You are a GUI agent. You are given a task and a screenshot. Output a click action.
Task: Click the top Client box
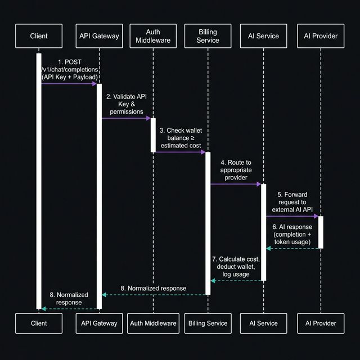38,36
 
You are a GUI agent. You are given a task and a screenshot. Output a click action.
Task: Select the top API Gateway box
99,36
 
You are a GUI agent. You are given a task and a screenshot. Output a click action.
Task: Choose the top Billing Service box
209,36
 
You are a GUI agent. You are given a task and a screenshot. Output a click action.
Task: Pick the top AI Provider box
321,36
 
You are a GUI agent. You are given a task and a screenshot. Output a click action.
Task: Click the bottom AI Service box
263,323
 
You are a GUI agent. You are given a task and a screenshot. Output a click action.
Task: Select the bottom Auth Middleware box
154,323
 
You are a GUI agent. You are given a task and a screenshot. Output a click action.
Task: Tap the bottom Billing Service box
209,323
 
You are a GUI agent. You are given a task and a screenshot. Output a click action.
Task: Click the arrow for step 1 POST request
69,84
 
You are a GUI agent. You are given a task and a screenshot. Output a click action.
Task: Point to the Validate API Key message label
127,104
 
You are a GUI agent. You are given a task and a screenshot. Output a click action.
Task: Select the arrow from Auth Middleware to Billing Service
180,152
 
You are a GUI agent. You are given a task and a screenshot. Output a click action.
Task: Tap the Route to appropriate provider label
236,170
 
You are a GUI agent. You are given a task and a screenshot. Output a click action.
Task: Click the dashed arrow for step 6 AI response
292,248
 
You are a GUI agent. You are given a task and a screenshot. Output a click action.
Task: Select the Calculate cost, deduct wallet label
236,266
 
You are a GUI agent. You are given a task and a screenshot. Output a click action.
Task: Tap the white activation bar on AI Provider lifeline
321,232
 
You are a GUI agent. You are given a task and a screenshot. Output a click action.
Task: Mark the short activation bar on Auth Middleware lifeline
153,135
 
